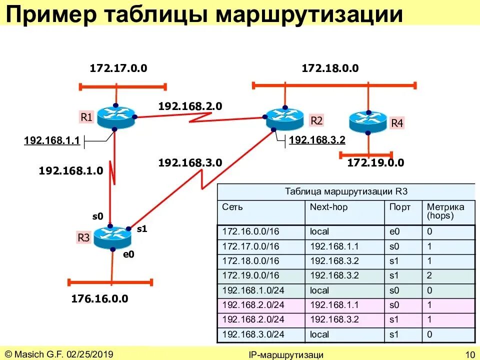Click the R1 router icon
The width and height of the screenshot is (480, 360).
(x=115, y=117)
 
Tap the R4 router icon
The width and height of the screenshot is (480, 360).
(x=367, y=121)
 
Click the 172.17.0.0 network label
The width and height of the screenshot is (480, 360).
(x=118, y=68)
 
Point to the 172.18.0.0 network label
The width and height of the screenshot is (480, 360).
(x=330, y=68)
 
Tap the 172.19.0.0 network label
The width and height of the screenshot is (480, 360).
(x=375, y=162)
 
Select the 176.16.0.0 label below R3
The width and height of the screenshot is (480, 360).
(x=99, y=299)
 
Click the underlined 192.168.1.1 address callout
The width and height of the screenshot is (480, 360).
(x=52, y=141)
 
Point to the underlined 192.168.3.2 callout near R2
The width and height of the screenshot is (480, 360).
(x=317, y=140)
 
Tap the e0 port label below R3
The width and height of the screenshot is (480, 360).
(x=129, y=254)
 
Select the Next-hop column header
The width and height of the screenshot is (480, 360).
(x=328, y=207)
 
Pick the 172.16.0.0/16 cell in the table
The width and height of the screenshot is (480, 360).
(x=251, y=232)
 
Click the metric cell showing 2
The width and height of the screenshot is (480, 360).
(x=429, y=275)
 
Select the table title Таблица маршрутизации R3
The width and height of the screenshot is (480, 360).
(x=346, y=191)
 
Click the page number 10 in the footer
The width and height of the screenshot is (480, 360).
(x=469, y=354)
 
